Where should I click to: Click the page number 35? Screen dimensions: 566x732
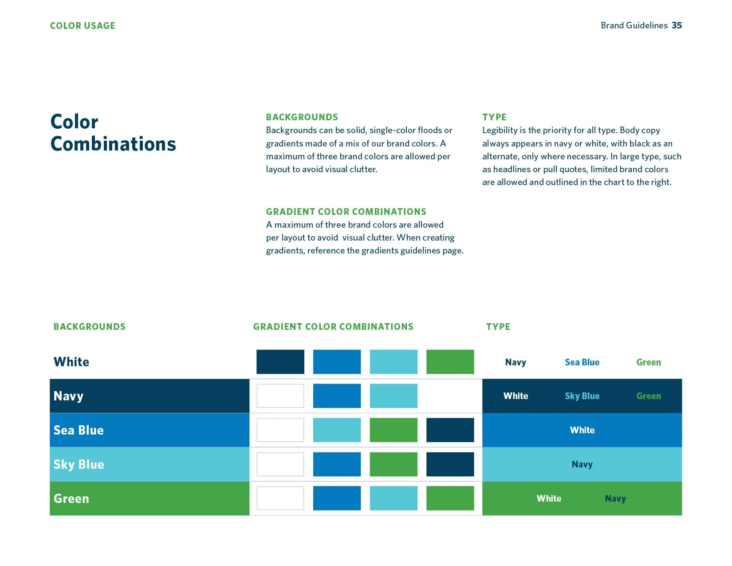[677, 25]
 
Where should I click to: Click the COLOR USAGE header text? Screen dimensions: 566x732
[83, 26]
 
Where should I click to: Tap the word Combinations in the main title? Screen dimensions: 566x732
[113, 144]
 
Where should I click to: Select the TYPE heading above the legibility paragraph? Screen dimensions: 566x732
[494, 117]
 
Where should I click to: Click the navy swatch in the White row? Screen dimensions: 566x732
[280, 362]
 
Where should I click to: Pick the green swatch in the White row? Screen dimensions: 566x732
[450, 362]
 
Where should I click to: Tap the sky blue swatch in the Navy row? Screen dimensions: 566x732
[394, 396]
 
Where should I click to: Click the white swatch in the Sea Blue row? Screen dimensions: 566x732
[280, 430]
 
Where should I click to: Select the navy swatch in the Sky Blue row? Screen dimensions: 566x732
[450, 464]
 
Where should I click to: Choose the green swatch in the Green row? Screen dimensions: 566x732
[450, 498]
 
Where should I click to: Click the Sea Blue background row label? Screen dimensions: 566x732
[79, 430]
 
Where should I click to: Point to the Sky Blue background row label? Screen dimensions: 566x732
[79, 464]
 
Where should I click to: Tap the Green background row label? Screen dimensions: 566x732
[71, 499]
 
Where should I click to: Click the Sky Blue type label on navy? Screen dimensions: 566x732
[582, 396]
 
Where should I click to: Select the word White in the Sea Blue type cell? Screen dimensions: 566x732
[582, 430]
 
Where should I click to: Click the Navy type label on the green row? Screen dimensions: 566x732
[615, 499]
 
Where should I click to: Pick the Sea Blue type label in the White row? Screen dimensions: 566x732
[582, 362]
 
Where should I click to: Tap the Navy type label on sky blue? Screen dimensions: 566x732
[582, 464]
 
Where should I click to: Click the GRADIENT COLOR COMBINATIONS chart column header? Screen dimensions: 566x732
[333, 327]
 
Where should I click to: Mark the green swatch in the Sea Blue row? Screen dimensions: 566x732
[394, 430]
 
